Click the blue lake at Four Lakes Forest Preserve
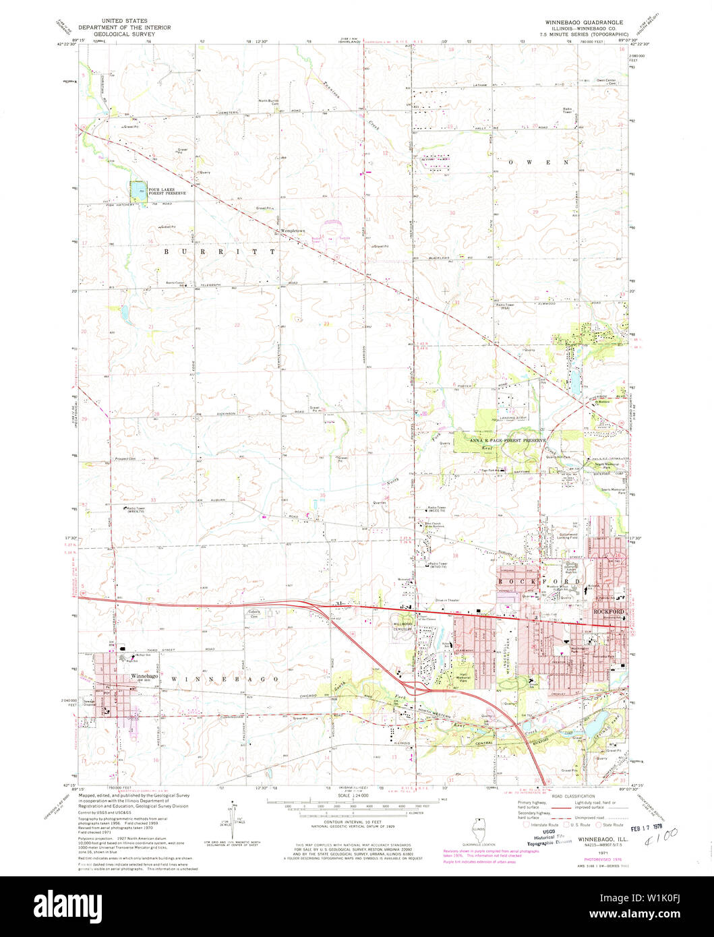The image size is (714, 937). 138,191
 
